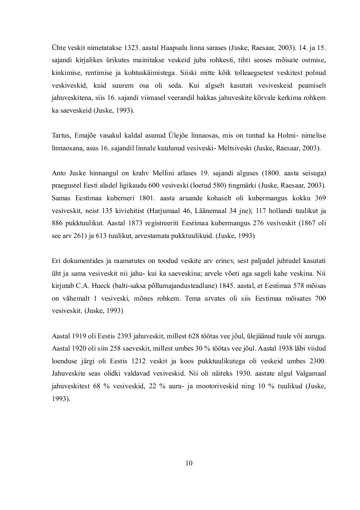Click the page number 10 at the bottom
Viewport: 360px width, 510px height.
[189, 463]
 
